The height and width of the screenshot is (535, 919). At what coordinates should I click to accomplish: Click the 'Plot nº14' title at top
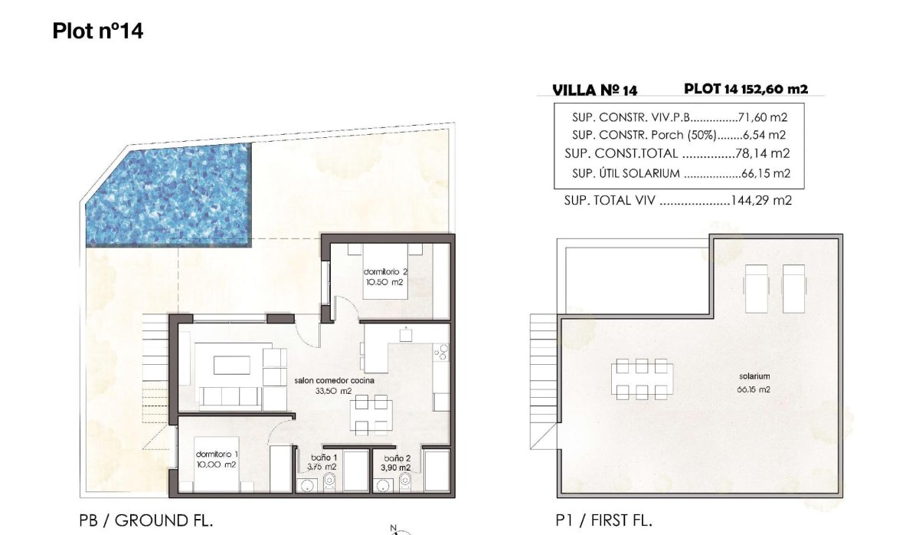98,31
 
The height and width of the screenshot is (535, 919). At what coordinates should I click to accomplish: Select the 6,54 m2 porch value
766,135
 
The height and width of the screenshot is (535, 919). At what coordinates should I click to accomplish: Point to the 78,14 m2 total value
763,153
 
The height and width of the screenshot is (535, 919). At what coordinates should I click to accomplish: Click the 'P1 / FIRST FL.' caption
603,520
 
